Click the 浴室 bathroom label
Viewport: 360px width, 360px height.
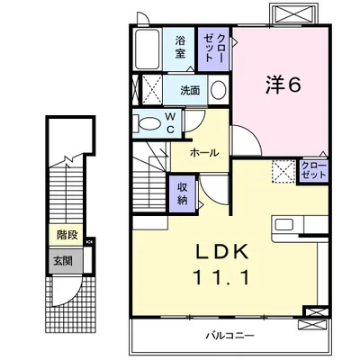181,46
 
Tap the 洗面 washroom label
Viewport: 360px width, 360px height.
189,91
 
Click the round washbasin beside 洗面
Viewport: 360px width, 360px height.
217,89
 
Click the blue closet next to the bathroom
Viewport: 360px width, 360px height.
213,48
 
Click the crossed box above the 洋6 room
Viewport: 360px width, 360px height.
293,13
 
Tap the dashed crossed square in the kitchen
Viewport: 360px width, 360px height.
283,171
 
